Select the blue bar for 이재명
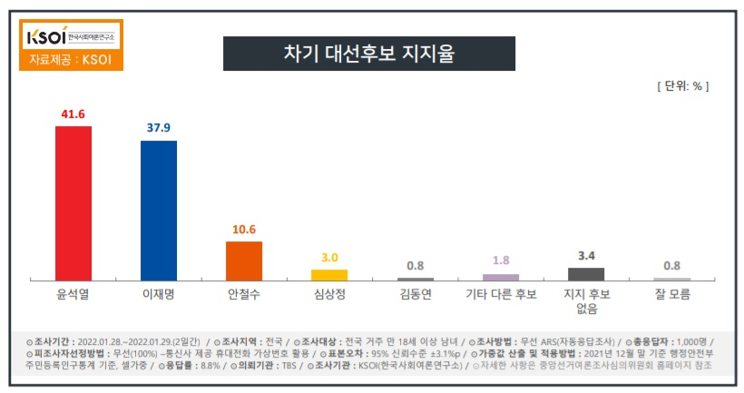point(158,210)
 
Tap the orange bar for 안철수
point(243,260)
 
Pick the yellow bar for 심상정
point(328,274)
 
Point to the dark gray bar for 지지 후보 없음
point(585,273)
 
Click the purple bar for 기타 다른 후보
point(500,277)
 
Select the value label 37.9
point(158,128)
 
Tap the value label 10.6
point(243,229)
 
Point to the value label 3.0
point(328,258)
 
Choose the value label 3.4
point(585,256)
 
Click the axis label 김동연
point(415,294)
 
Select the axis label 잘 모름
point(671,294)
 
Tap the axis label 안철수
point(243,294)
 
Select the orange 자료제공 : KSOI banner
point(70,60)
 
